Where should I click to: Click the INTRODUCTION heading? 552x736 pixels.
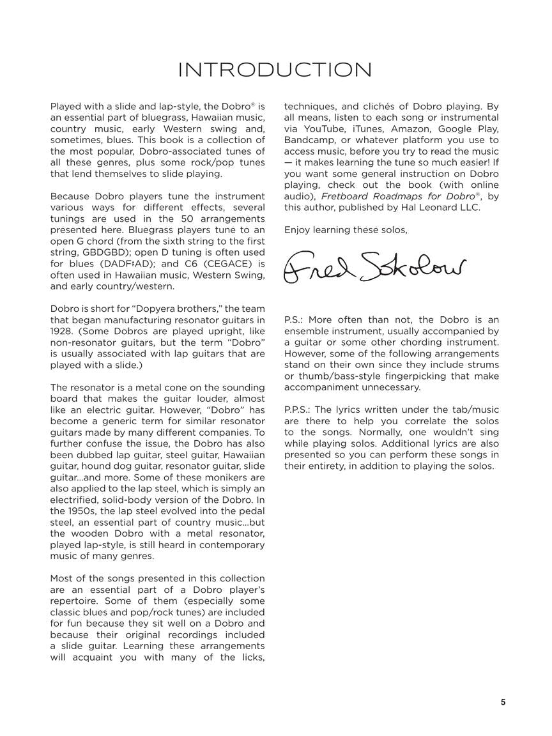point(275,70)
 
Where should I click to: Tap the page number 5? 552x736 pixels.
point(503,702)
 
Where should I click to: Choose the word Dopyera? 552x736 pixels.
point(146,309)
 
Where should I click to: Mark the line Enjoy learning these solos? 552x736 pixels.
point(346,229)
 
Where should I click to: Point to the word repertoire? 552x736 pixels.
point(75,601)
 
